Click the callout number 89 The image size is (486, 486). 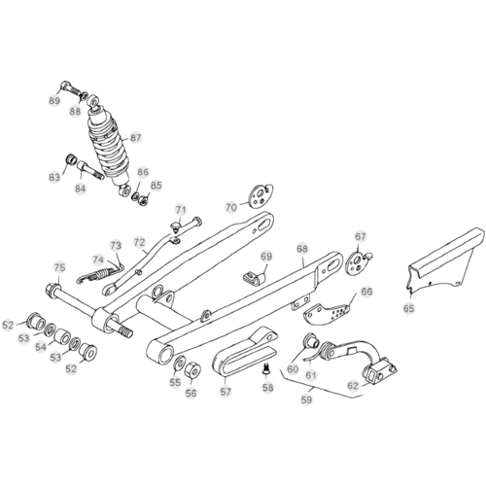click(54, 100)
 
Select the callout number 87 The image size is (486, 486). click(136, 138)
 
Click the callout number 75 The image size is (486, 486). click(59, 267)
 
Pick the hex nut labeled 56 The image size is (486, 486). click(192, 369)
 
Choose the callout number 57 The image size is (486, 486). click(226, 392)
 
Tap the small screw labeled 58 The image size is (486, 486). click(265, 369)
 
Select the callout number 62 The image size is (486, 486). click(353, 386)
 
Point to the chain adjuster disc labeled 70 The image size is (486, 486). click(261, 195)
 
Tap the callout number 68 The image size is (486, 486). click(302, 249)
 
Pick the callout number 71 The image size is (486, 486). click(181, 210)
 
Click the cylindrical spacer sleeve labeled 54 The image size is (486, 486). click(61, 337)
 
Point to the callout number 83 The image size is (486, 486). click(54, 177)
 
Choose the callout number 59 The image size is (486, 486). click(306, 399)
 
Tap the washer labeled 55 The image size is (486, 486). click(179, 364)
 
